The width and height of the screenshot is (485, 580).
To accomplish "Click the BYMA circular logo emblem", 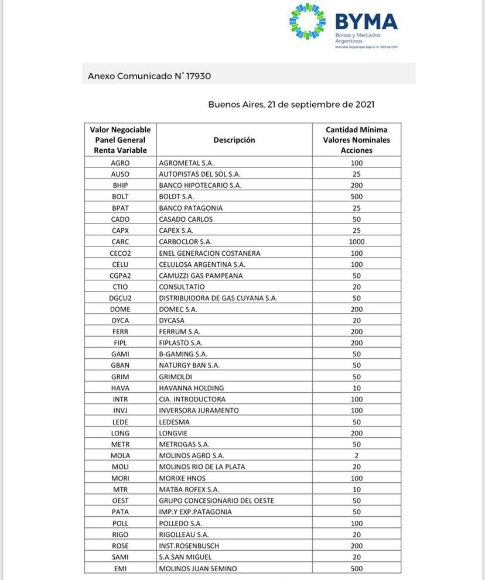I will pyautogui.click(x=308, y=22).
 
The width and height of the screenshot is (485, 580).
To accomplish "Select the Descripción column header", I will pyautogui.click(x=234, y=140).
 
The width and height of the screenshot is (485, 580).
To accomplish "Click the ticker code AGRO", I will pyautogui.click(x=120, y=163).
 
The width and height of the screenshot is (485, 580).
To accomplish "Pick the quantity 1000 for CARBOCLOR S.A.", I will pyautogui.click(x=356, y=241).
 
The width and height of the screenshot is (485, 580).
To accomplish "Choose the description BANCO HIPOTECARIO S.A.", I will pyautogui.click(x=200, y=185).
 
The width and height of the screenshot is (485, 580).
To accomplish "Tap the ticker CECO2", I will pyautogui.click(x=120, y=253).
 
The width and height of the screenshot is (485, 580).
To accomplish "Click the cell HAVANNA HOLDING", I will pyautogui.click(x=192, y=388).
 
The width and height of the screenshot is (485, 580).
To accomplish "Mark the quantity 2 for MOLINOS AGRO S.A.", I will pyautogui.click(x=356, y=455).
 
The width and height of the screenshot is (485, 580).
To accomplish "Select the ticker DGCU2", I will pyautogui.click(x=120, y=298).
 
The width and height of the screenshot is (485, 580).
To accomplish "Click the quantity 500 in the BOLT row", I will pyautogui.click(x=356, y=197).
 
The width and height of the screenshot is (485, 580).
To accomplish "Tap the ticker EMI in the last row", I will pyautogui.click(x=120, y=568).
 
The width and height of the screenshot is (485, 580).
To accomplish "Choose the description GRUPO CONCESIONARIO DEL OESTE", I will pyautogui.click(x=216, y=500).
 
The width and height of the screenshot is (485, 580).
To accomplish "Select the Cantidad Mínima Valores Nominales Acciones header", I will pyautogui.click(x=356, y=140).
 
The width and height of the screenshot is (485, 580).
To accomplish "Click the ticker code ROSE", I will pyautogui.click(x=120, y=545).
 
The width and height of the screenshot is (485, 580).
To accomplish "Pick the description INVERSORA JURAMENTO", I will pyautogui.click(x=199, y=410).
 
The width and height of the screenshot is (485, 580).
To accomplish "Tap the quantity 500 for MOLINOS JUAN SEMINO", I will pyautogui.click(x=356, y=568).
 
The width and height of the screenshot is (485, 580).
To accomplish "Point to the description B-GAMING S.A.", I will pyautogui.click(x=183, y=354).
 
